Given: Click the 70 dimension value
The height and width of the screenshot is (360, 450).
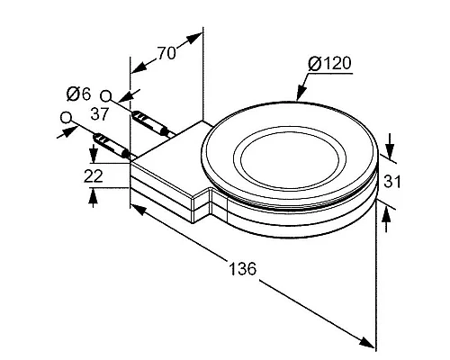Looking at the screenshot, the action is [166, 53].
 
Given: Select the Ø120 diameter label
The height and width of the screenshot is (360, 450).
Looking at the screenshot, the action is [329, 64].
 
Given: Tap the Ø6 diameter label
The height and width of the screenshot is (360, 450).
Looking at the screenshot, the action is [78, 94].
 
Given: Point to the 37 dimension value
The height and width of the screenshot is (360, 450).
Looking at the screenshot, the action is [99, 114].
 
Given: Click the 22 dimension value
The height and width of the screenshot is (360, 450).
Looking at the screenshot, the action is [94, 176].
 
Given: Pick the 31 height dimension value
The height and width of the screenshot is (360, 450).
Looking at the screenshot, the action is [392, 182].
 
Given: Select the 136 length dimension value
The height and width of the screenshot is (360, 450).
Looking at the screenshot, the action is [243, 268].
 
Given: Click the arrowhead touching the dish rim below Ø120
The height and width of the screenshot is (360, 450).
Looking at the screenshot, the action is [301, 93].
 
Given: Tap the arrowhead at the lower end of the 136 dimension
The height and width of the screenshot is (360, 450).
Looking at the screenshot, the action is [366, 342].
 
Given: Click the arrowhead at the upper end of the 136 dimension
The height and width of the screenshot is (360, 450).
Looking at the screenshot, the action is [139, 210].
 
